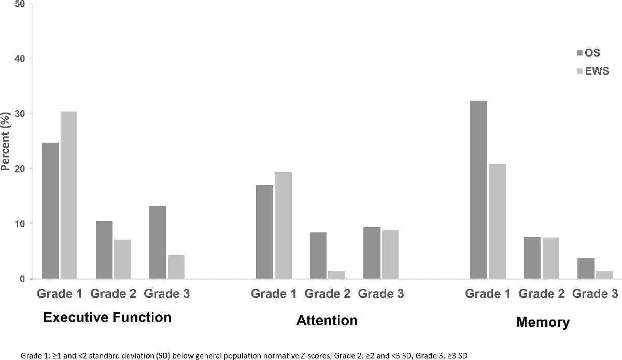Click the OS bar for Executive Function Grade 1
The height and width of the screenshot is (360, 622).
pyautogui.click(x=50, y=211)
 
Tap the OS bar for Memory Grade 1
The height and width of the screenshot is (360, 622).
pyautogui.click(x=478, y=190)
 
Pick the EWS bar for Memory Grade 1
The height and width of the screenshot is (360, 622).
pyautogui.click(x=497, y=221)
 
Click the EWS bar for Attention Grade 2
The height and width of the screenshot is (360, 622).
pyautogui.click(x=336, y=275)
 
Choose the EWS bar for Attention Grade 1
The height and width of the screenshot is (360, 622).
pyautogui.click(x=283, y=226)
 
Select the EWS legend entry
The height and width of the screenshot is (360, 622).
pyautogui.click(x=593, y=72)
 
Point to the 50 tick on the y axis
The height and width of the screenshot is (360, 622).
pyautogui.click(x=22, y=4)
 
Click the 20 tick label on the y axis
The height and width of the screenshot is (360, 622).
pyautogui.click(x=22, y=169)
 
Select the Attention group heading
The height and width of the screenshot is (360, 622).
pyautogui.click(x=327, y=320)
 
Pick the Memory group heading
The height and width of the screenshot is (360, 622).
pyautogui.click(x=543, y=322)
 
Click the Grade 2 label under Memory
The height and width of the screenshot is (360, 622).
pyautogui.click(x=542, y=294)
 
